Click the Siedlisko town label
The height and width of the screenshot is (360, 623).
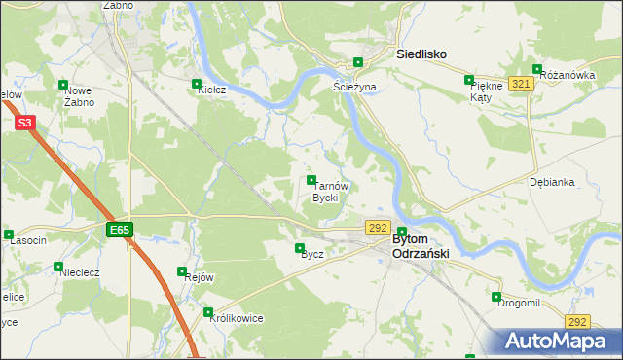[x=421, y=55]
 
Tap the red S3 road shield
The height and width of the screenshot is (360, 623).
[x=25, y=123]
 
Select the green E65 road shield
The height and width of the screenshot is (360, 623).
[x=119, y=230]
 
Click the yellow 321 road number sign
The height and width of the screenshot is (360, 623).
[x=520, y=85]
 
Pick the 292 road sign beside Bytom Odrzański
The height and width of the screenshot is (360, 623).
[x=379, y=227]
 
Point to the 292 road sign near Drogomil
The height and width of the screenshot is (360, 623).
[x=577, y=321]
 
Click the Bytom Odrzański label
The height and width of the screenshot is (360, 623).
[x=419, y=246]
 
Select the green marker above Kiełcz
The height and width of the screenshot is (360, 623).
[x=198, y=84]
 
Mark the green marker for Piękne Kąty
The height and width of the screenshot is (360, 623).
[x=469, y=80]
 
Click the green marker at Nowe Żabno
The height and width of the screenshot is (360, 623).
[x=64, y=85]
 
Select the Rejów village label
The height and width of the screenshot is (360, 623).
[x=199, y=277]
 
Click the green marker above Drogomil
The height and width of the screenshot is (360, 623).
[x=496, y=297]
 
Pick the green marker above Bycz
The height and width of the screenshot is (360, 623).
[x=301, y=247]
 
